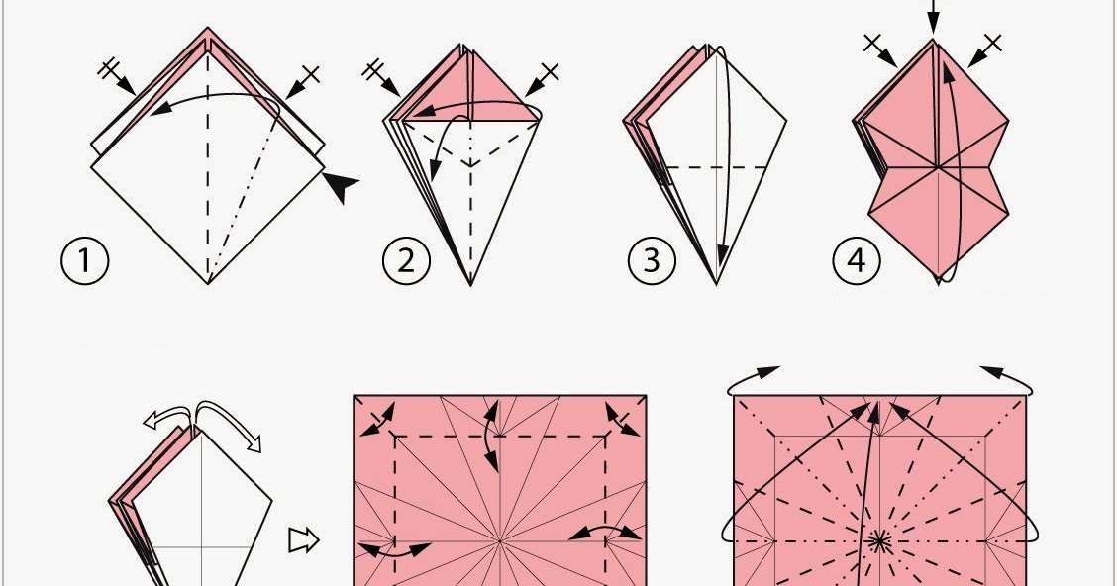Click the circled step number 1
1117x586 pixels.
85,260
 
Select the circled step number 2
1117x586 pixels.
406,260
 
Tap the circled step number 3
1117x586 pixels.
652,260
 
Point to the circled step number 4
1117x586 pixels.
857,260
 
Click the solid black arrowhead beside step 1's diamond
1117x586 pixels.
342,186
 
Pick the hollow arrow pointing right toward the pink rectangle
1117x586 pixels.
303,540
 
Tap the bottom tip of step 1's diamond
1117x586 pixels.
208,283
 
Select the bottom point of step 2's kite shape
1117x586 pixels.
470,285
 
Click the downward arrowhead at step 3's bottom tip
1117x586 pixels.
722,254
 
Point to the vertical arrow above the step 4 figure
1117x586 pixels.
933,17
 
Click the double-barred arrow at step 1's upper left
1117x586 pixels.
117,77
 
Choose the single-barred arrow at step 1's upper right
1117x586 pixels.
302,81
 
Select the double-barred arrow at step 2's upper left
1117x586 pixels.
382,78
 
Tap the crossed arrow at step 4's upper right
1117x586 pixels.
984,50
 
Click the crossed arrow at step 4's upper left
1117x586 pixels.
880,50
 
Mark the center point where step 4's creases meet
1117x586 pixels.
938,168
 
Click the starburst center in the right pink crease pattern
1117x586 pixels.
879,541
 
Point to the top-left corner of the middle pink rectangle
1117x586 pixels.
355,396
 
